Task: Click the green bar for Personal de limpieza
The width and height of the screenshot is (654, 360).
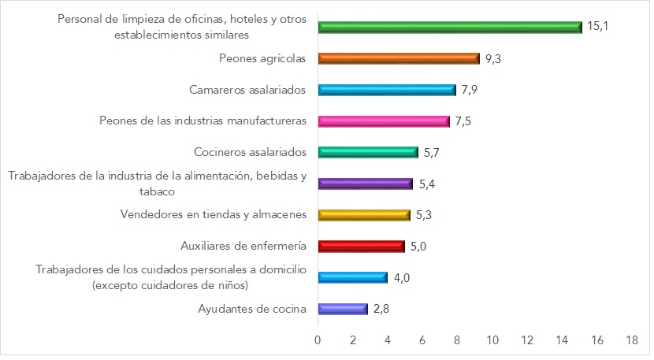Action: click(x=449, y=27)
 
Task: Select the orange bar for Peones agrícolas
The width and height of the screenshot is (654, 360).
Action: click(x=399, y=58)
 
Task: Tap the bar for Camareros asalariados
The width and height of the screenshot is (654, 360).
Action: click(x=387, y=90)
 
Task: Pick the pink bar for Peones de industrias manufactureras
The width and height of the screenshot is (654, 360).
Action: click(x=383, y=121)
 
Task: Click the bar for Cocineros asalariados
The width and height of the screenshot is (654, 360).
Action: click(x=367, y=152)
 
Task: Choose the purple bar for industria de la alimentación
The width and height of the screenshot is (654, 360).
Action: click(x=365, y=184)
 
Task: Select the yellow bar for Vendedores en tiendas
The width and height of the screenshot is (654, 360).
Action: click(x=364, y=215)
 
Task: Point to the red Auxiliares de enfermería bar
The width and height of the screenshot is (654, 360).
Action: click(x=361, y=247)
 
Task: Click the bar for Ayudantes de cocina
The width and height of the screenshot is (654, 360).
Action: click(x=342, y=309)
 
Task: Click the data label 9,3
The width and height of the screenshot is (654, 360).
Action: click(x=494, y=58)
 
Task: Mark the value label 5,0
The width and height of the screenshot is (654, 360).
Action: click(x=419, y=247)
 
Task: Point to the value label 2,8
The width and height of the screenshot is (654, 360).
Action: click(x=381, y=309)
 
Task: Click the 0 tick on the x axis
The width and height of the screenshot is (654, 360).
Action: click(x=318, y=340)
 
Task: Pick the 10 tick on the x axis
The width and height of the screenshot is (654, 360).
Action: click(x=492, y=340)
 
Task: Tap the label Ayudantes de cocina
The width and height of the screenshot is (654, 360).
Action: click(x=252, y=309)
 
